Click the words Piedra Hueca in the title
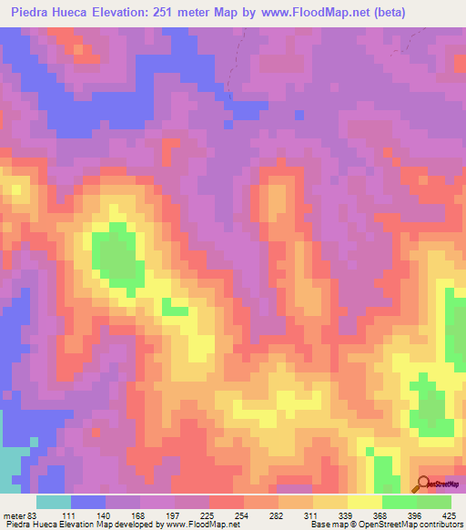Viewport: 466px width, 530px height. [x=51, y=13]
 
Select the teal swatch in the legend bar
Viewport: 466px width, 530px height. [x=53, y=502]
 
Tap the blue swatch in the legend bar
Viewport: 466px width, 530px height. [x=88, y=502]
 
